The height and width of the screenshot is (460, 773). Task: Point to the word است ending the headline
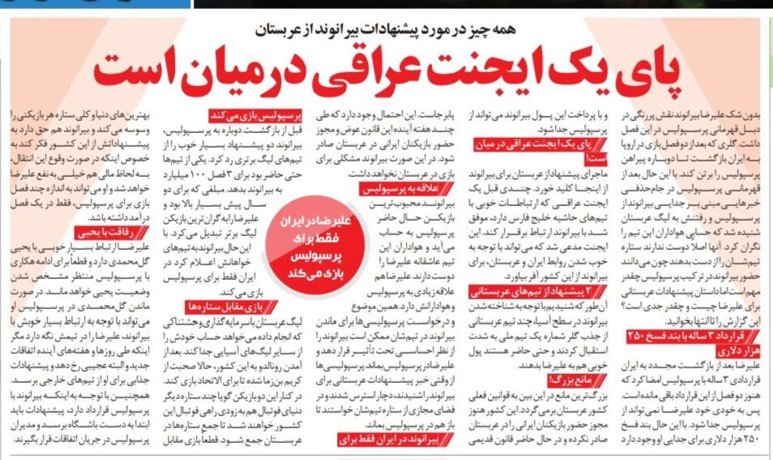[x=143, y=71]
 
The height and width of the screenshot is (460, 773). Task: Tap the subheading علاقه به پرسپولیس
[x=379, y=187]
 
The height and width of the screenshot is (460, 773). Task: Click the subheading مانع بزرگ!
[x=567, y=379]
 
